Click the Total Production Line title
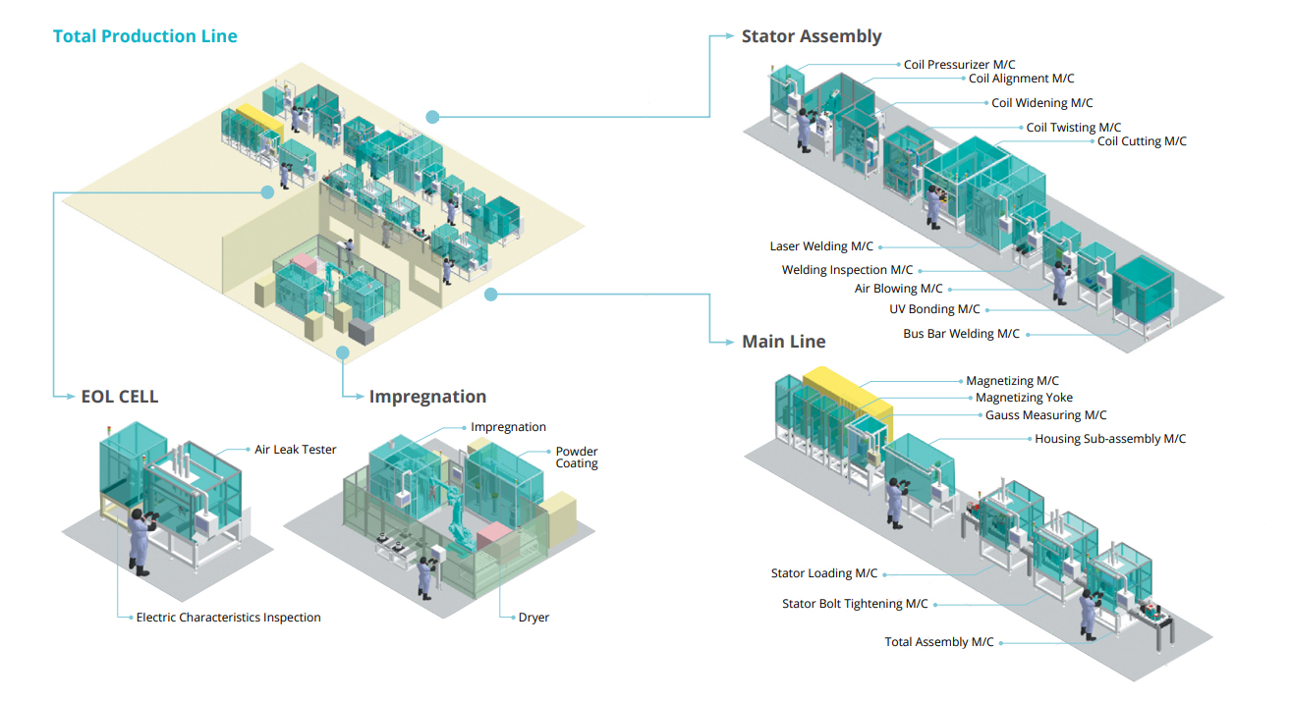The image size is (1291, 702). (x=145, y=36)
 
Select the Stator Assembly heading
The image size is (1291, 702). (x=812, y=36)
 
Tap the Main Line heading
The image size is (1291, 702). (x=783, y=342)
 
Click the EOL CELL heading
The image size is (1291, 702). (x=119, y=397)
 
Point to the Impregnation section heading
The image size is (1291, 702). (x=427, y=397)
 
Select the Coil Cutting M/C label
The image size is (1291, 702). (x=1142, y=141)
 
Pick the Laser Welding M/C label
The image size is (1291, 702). (x=821, y=246)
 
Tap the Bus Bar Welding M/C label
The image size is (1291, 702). (x=962, y=334)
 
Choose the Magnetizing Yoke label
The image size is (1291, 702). (x=1024, y=398)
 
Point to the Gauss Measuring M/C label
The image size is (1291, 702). (x=1046, y=415)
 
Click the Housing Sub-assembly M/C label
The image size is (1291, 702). (x=1110, y=439)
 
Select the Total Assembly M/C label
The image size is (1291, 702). (x=939, y=642)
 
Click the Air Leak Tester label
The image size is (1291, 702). (x=296, y=450)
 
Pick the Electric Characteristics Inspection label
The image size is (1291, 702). (x=228, y=618)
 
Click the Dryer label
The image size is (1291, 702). (x=533, y=618)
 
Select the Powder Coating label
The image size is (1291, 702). (x=577, y=458)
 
